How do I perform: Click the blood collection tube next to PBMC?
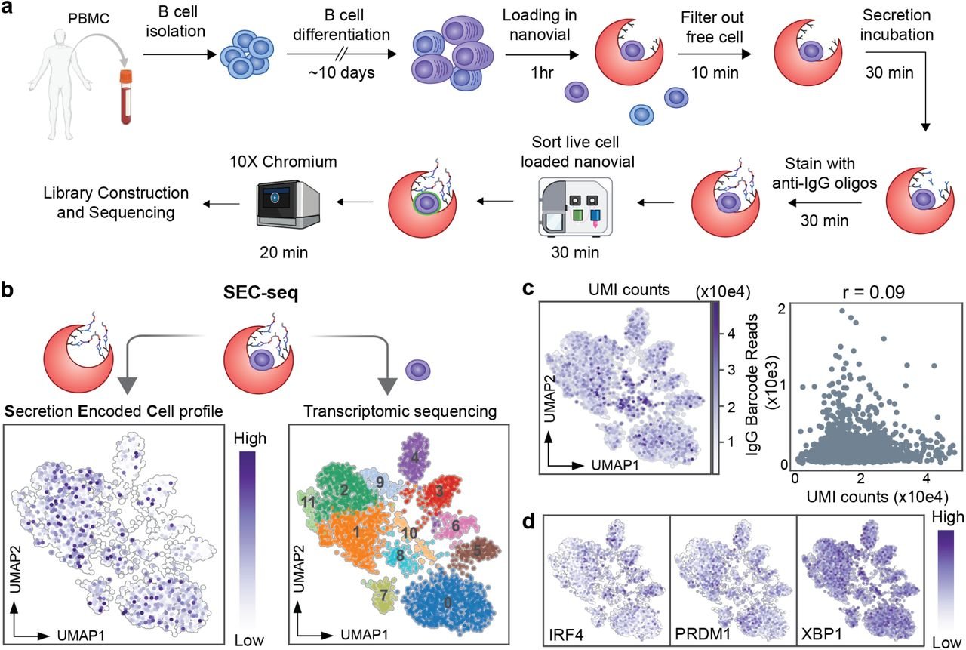pyautogui.click(x=125, y=95)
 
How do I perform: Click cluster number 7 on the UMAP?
pyautogui.click(x=383, y=595)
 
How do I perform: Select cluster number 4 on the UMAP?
pyautogui.click(x=415, y=457)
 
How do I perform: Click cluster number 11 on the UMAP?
pyautogui.click(x=306, y=501)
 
